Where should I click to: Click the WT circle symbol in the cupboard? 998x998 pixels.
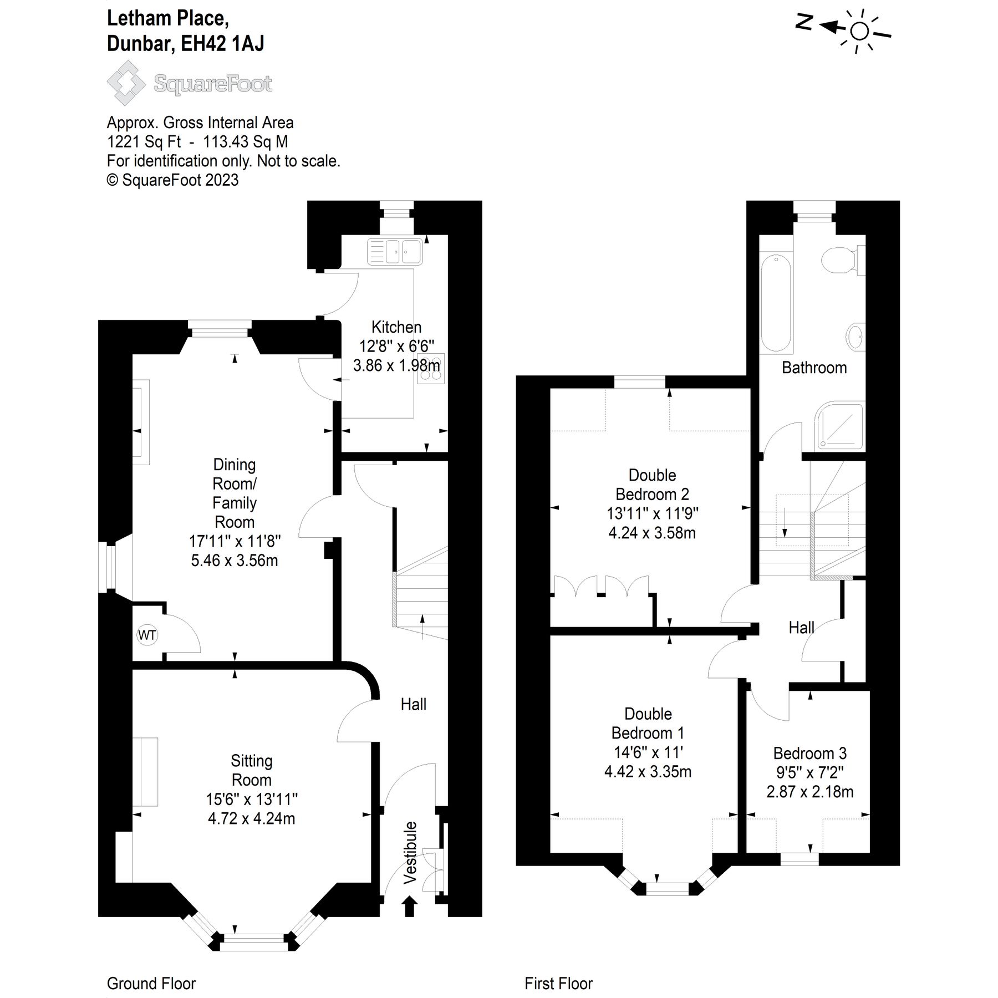147,635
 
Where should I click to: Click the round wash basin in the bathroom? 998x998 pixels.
855,336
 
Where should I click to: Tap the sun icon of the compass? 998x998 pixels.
859,32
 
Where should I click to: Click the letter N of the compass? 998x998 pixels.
804,22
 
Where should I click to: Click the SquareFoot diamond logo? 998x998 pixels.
126,83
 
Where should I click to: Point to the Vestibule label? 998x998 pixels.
410,853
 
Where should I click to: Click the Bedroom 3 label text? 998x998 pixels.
809,753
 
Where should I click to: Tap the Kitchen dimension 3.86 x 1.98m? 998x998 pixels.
396,365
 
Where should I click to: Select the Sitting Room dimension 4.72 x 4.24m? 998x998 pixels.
251,818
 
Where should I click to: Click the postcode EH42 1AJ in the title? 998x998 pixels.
222,43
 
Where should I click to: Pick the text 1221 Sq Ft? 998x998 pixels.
144,142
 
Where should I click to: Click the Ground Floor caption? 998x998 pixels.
151,984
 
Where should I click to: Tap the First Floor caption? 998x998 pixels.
558,984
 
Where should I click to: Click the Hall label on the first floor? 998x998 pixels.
801,628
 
